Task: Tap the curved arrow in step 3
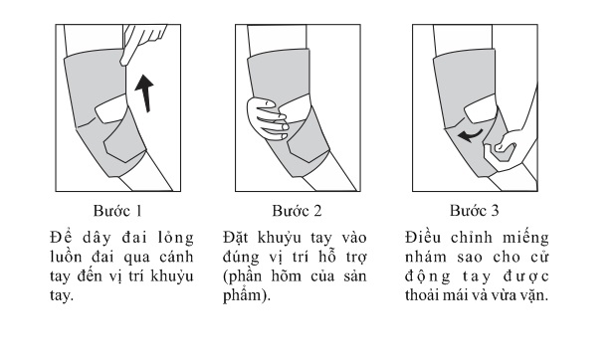(x=470, y=135)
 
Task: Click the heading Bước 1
(x=117, y=211)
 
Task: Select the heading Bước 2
(x=297, y=211)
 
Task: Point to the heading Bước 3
(x=475, y=211)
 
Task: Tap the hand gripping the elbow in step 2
(x=268, y=118)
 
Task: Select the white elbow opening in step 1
(x=112, y=108)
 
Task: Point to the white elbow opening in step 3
(x=481, y=108)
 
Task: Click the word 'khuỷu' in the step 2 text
(x=280, y=239)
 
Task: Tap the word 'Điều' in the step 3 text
(x=423, y=238)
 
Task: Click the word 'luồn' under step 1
(x=66, y=258)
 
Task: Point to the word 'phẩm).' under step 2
(x=247, y=295)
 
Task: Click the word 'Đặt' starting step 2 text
(x=236, y=238)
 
